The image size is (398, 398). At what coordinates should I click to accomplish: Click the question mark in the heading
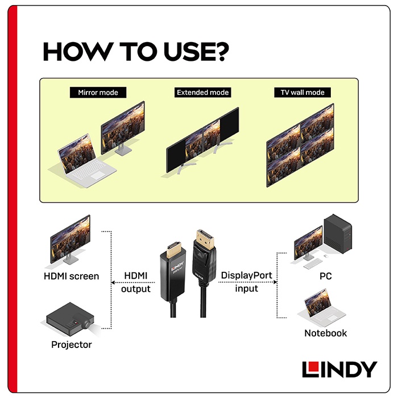[220, 52]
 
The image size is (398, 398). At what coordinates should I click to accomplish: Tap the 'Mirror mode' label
[98, 92]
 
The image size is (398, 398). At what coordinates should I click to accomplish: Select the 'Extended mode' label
[202, 92]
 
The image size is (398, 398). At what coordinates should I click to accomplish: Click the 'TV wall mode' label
[302, 92]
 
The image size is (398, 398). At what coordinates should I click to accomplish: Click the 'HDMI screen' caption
[71, 276]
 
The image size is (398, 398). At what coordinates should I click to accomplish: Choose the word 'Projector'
[71, 345]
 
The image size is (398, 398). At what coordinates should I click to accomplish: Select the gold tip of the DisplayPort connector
[205, 239]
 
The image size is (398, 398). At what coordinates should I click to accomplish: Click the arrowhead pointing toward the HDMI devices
[113, 282]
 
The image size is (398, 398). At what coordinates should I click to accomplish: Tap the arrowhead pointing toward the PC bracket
[275, 282]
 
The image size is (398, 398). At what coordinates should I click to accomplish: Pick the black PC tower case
[338, 234]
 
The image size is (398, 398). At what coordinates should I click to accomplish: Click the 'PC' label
[325, 276]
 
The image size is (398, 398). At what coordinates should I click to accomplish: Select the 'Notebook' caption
[325, 333]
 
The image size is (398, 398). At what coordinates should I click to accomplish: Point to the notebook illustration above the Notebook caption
[321, 308]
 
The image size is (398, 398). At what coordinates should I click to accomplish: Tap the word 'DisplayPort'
[246, 276]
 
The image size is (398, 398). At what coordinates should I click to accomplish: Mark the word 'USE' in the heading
[187, 52]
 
